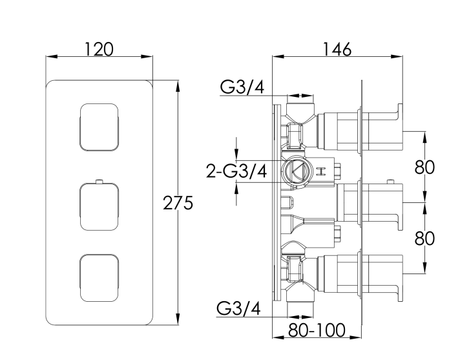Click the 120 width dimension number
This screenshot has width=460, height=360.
(99, 49)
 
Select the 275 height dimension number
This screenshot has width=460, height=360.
(178, 204)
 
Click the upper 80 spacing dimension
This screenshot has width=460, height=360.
(424, 167)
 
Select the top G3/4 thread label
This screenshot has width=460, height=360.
(242, 87)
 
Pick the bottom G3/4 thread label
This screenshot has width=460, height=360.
(240, 309)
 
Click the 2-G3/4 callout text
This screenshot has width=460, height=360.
(236, 171)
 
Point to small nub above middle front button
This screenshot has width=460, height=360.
(99, 181)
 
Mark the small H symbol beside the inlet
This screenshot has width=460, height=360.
(321, 171)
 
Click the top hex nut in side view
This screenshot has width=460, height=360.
(295, 134)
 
